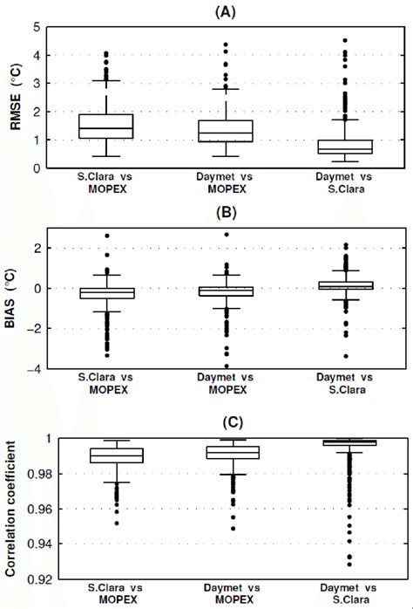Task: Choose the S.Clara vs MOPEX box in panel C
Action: coord(117,455)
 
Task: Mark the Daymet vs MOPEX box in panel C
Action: coord(227,452)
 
